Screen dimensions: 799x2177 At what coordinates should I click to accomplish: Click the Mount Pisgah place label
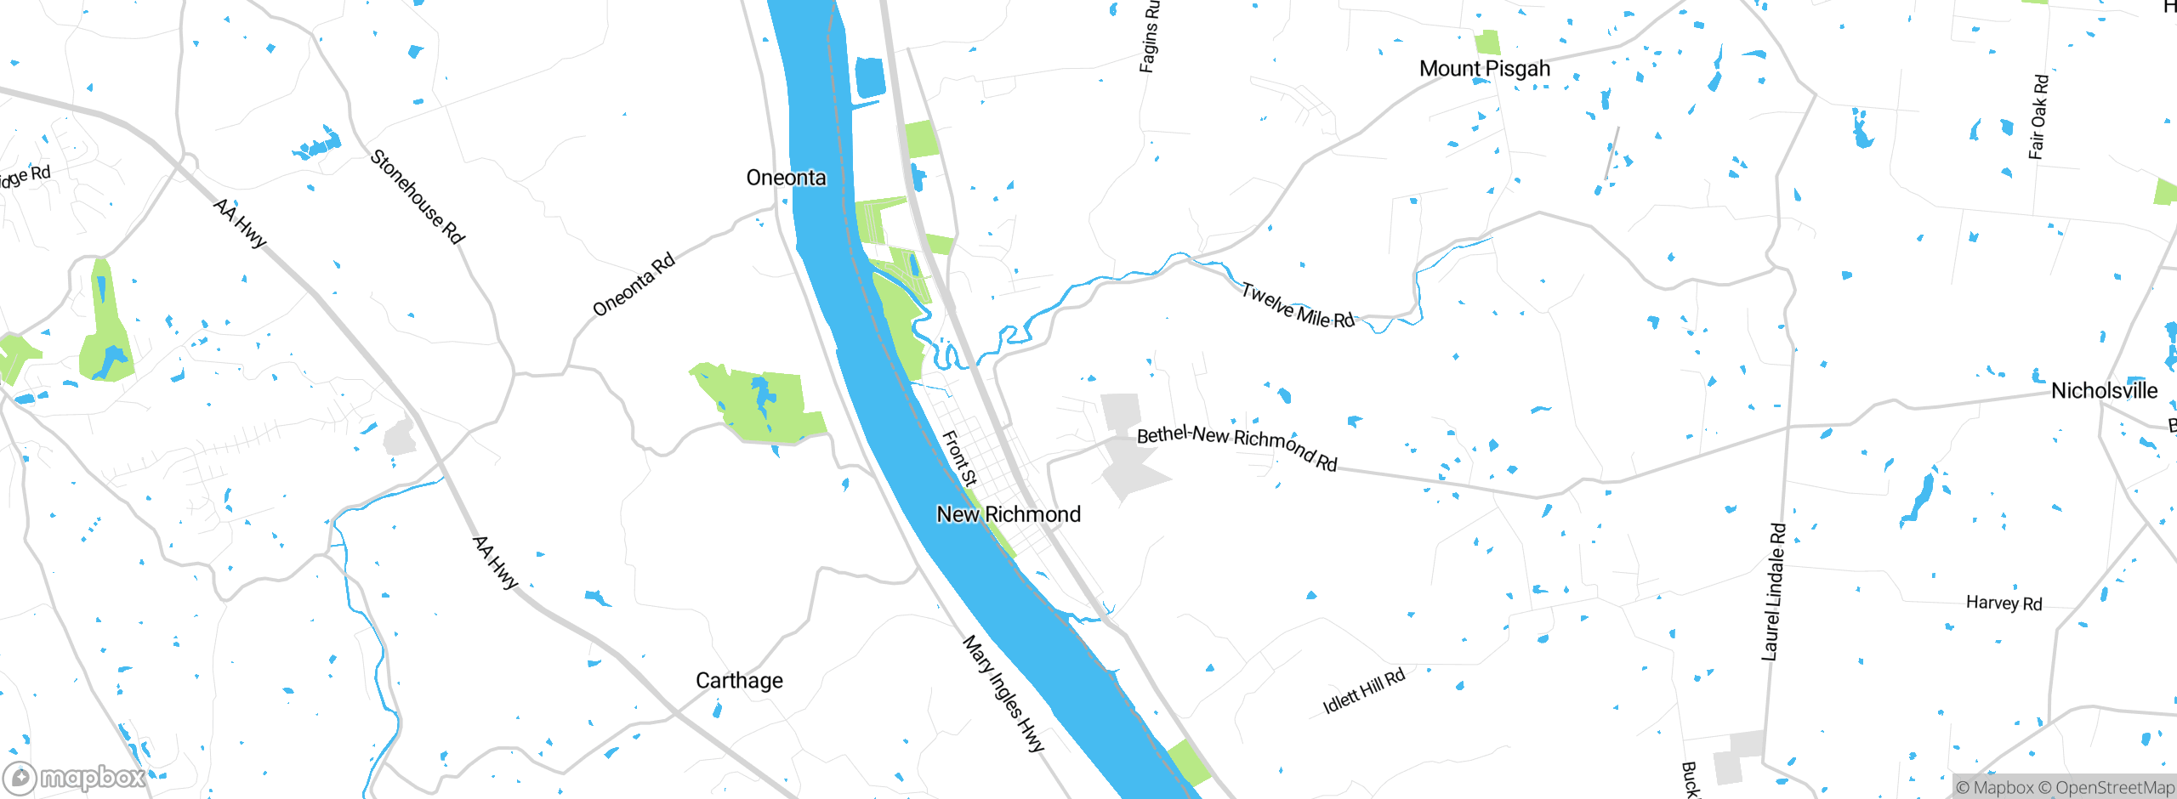click(x=1485, y=69)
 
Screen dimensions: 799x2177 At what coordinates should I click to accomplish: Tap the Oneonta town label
click(x=786, y=178)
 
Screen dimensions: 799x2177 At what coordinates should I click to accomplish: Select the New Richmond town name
click(x=1009, y=514)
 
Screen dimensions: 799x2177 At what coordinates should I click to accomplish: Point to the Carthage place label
click(x=739, y=681)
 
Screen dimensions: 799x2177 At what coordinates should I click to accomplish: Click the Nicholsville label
click(x=2104, y=391)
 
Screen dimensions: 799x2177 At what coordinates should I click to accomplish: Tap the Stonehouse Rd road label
click(x=418, y=197)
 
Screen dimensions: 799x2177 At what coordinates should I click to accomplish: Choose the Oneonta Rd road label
click(x=634, y=284)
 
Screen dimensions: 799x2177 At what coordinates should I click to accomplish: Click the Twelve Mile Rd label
click(x=1298, y=305)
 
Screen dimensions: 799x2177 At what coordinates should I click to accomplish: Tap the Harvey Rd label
click(x=2004, y=603)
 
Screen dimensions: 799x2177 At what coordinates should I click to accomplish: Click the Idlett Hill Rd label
click(x=1364, y=691)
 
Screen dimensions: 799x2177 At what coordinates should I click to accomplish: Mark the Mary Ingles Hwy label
click(x=1003, y=693)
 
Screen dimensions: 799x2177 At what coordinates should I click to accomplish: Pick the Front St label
click(x=959, y=458)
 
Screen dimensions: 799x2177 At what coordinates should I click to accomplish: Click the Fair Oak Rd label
click(x=2038, y=117)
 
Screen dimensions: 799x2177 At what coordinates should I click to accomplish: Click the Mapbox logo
click(x=75, y=778)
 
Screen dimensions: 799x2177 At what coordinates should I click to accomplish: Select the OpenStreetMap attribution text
click(x=2114, y=788)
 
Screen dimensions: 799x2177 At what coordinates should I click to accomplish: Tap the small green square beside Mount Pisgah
click(x=1487, y=42)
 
